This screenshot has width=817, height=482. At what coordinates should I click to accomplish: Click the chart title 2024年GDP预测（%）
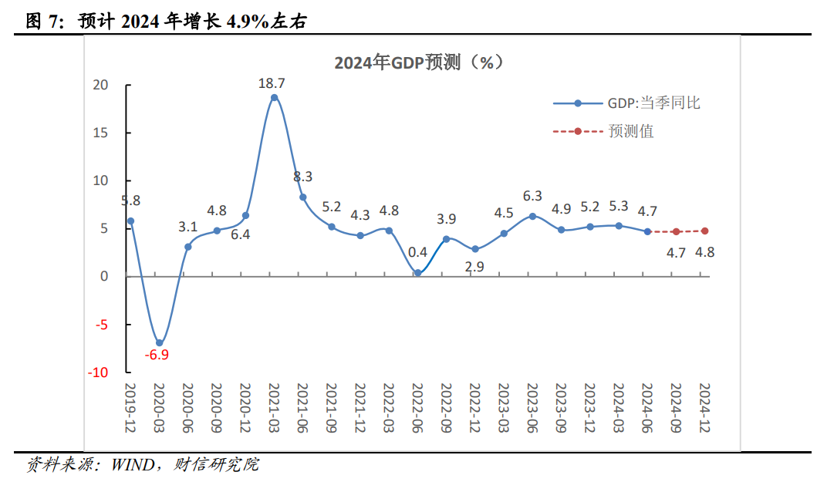pyautogui.click(x=419, y=62)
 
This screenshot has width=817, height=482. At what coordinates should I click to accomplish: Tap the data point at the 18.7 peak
pyautogui.click(x=274, y=97)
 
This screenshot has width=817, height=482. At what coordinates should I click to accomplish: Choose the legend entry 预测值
pyautogui.click(x=630, y=131)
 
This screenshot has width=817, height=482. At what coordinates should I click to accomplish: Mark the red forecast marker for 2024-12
pyautogui.click(x=704, y=231)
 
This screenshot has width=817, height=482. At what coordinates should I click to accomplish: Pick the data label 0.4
pyautogui.click(x=417, y=252)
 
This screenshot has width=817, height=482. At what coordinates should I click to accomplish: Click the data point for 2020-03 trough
pyautogui.click(x=160, y=342)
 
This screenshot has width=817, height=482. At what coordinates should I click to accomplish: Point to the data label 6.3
pyautogui.click(x=532, y=196)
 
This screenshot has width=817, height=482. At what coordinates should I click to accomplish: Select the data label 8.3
pyautogui.click(x=302, y=177)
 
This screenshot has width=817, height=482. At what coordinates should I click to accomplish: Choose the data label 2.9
pyautogui.click(x=474, y=267)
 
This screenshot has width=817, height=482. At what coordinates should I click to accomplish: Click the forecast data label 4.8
pyautogui.click(x=704, y=251)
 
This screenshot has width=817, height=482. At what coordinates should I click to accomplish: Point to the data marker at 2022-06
pyautogui.click(x=417, y=272)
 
